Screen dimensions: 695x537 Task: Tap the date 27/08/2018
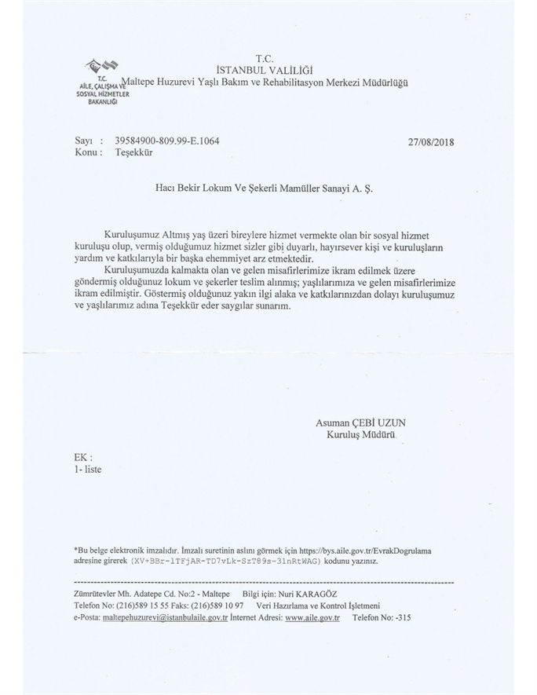point(432,143)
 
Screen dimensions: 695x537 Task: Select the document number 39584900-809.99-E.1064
point(166,141)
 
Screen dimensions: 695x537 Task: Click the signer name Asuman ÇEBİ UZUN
point(360,422)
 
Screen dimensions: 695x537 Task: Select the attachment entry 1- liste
point(87,469)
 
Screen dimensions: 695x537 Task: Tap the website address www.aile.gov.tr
point(312,618)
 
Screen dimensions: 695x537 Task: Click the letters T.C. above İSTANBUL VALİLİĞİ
point(265,57)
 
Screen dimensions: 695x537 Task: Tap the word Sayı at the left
point(83,141)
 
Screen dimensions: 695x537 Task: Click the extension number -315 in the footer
point(400,618)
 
